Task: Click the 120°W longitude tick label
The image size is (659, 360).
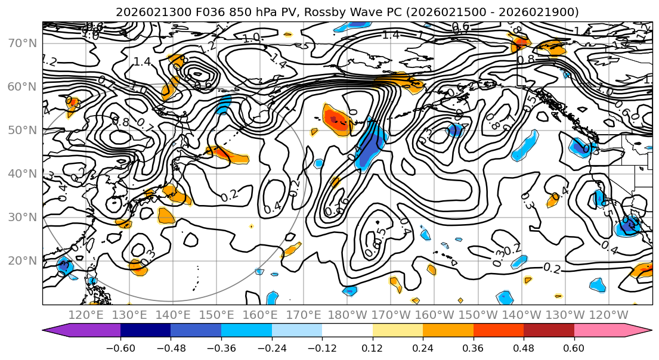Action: [x=609, y=315]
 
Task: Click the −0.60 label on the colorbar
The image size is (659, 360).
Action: [x=120, y=347]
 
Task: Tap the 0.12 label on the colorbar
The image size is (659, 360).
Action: [x=373, y=347]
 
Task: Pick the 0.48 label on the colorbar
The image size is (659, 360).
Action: [x=524, y=347]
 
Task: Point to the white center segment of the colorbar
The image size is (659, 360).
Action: [x=347, y=331]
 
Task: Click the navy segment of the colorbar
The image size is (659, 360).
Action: [x=146, y=331]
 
